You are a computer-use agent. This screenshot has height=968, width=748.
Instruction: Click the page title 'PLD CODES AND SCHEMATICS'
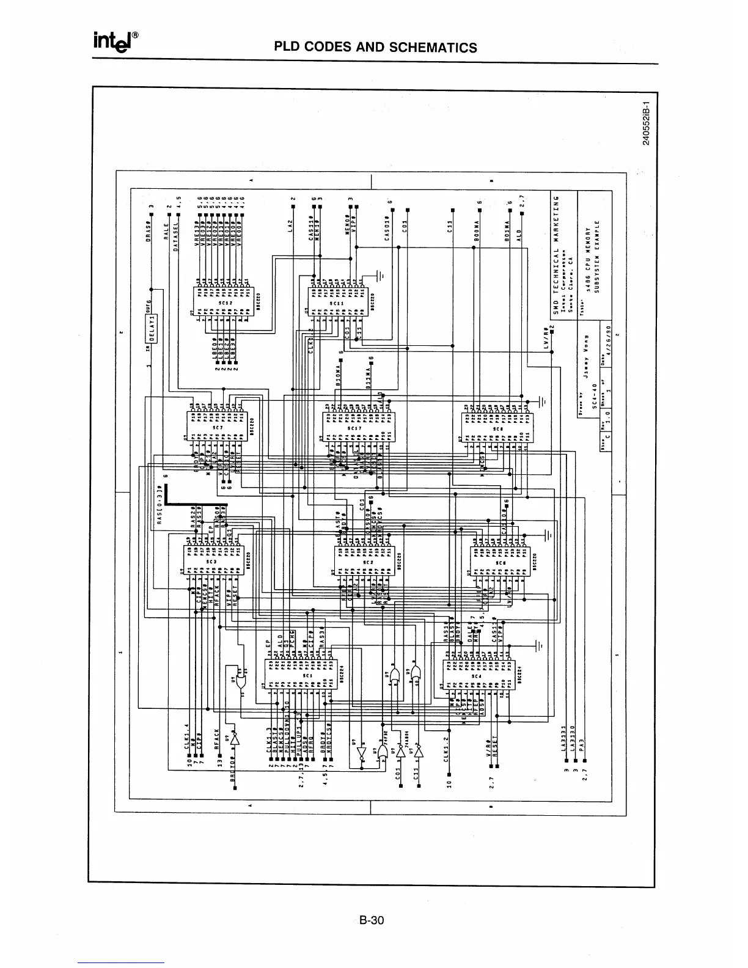coord(375,48)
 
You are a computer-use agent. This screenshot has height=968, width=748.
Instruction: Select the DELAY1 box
coord(154,329)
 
